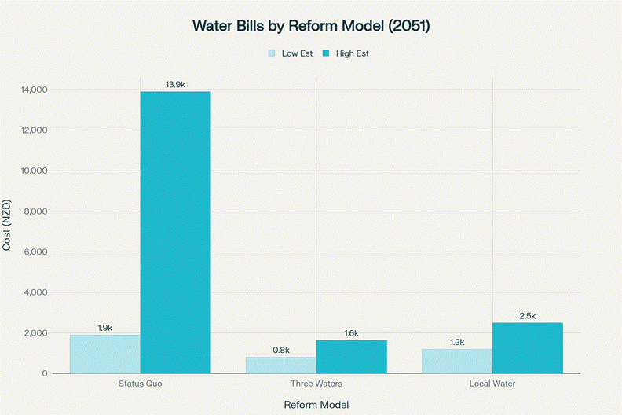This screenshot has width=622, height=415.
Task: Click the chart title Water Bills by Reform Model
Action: point(311,26)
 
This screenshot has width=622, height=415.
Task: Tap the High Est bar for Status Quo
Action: point(175,232)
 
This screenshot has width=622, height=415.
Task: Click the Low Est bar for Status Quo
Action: point(105,354)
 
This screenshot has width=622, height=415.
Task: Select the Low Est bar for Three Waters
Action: point(281,365)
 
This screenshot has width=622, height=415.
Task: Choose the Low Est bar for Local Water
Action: point(457,361)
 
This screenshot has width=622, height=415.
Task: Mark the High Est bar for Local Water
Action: point(527,347)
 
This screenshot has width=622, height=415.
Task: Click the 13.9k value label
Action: point(175,83)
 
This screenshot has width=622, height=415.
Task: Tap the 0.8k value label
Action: point(281,350)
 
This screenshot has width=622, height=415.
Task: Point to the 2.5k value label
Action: point(527,315)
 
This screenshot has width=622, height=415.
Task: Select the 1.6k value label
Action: point(351,333)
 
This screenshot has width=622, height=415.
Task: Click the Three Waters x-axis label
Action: point(316,384)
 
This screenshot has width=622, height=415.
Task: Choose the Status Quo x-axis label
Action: point(140,384)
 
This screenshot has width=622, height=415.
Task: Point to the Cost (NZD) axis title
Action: point(7,231)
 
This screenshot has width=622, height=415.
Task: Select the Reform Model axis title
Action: point(316,403)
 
